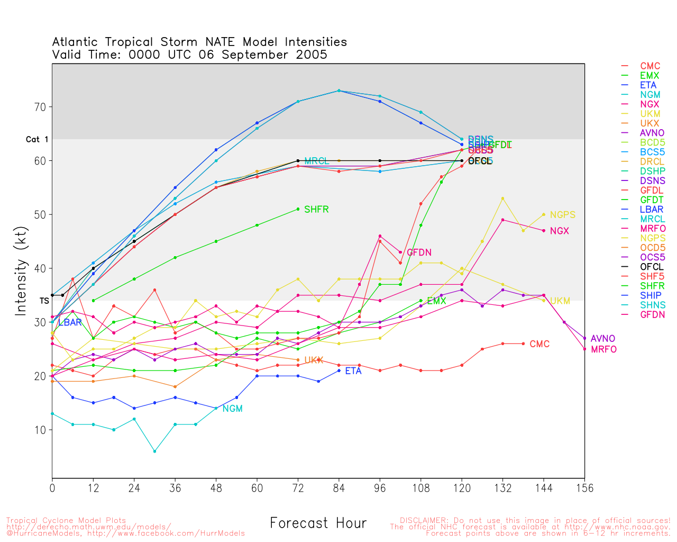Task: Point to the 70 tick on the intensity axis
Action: [x=40, y=107]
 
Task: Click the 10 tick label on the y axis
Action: [x=40, y=430]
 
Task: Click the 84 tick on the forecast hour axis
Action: [x=339, y=488]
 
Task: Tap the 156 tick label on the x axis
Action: [x=584, y=488]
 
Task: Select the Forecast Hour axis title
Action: [x=318, y=523]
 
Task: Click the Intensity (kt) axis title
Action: [x=21, y=270]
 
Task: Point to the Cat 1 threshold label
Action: [x=37, y=140]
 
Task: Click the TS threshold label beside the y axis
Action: [x=44, y=301]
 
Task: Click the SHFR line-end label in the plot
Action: [x=316, y=210]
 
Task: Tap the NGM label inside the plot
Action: [x=232, y=409]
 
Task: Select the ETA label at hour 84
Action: [x=353, y=371]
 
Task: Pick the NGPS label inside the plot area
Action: [x=562, y=215]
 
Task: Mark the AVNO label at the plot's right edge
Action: [x=602, y=339]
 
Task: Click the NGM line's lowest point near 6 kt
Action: [x=154, y=451]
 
